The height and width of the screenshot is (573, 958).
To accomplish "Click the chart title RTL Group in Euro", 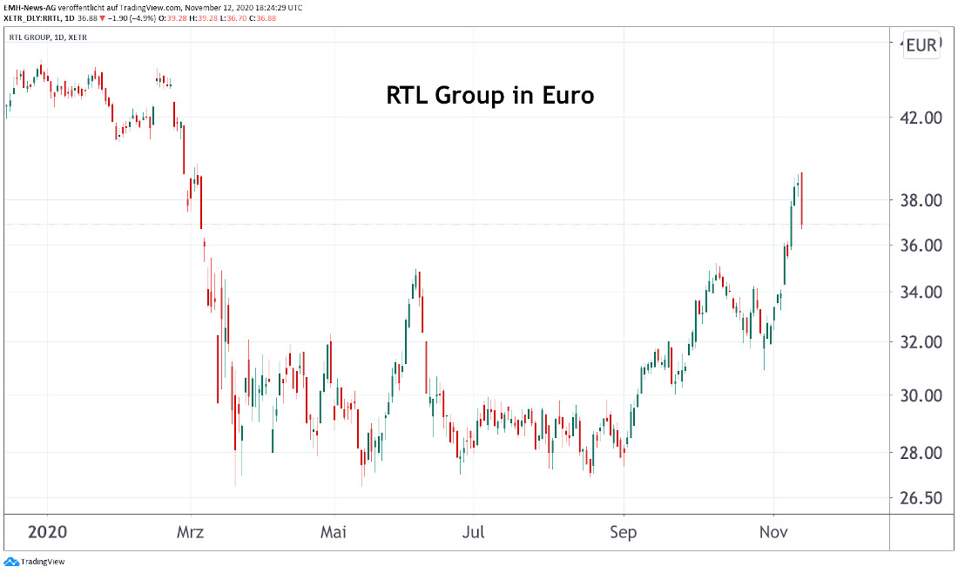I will click(489, 95).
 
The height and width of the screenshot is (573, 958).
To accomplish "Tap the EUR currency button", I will click(921, 45).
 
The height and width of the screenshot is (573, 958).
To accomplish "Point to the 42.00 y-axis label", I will click(921, 118).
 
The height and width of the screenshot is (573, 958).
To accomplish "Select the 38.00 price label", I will click(921, 201).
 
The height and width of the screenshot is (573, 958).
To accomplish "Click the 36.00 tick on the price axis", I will click(921, 246).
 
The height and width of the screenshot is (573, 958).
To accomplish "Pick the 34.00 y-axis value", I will click(921, 292).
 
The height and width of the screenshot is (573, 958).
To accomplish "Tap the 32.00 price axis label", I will click(921, 342).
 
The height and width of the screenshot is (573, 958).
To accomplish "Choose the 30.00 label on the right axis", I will click(921, 395).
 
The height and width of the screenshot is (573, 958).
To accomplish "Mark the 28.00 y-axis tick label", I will click(921, 453).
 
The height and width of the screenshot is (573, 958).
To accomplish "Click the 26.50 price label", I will click(921, 499).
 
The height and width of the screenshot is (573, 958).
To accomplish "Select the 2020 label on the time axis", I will click(47, 532).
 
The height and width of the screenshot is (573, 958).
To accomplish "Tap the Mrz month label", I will click(190, 532).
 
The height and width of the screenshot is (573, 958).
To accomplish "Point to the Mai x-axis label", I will click(333, 532).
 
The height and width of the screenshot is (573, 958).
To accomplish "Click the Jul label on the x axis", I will click(473, 532).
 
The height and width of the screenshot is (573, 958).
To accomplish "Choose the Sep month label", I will click(624, 532).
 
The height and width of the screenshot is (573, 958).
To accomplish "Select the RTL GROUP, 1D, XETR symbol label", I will click(48, 37).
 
